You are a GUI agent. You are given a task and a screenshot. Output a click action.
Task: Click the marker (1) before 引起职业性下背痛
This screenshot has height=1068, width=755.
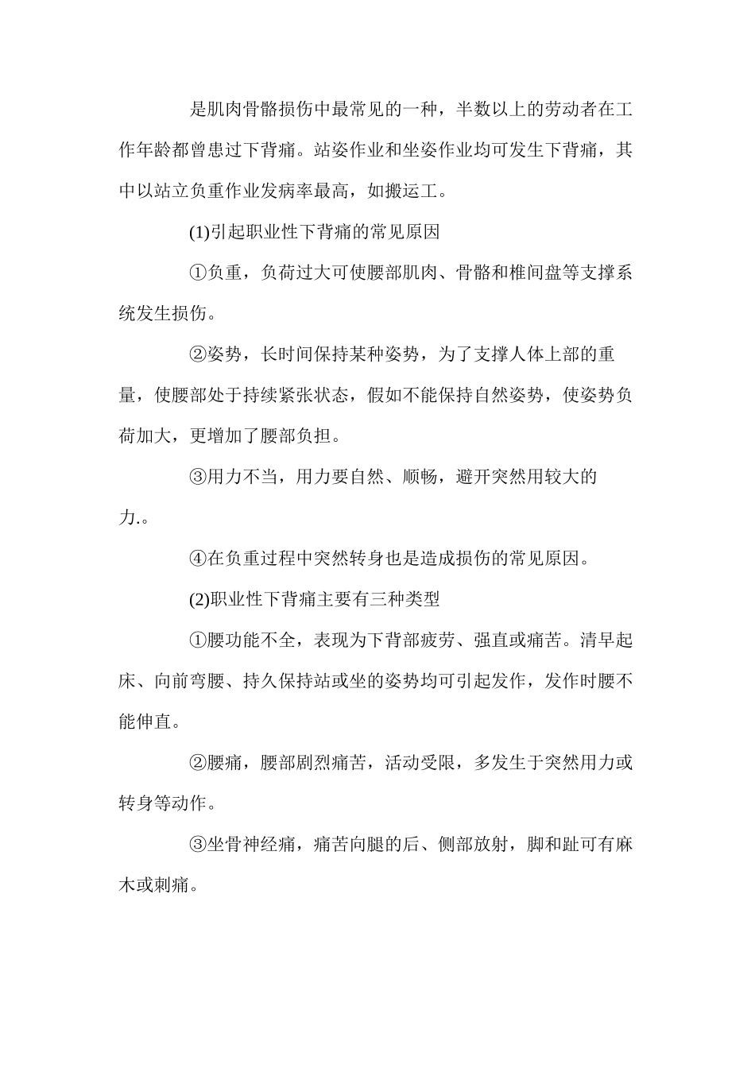coord(199,233)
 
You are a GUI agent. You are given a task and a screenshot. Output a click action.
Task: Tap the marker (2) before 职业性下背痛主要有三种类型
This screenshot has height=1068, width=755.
coord(199,599)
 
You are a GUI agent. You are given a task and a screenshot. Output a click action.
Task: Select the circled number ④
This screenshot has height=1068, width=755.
coord(198,559)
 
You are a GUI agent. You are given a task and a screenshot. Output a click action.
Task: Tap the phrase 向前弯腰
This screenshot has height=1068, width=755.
coord(190,681)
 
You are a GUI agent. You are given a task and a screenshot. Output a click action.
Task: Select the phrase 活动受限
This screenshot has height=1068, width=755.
coord(420,763)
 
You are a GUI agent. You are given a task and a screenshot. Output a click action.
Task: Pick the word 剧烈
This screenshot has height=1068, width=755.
coord(307,763)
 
